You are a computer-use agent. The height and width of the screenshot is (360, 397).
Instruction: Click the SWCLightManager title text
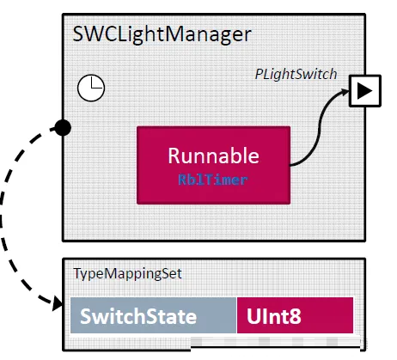(x=162, y=35)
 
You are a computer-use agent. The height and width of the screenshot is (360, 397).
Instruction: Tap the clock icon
(x=91, y=88)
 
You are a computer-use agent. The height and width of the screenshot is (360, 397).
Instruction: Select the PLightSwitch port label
(x=296, y=74)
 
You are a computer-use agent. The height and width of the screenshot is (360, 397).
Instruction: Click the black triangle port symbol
(x=364, y=91)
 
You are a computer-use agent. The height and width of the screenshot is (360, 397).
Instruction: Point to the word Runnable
(x=213, y=156)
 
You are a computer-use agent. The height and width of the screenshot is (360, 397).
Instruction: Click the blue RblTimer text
(x=213, y=180)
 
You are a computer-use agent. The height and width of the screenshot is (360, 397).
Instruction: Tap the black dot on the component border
(x=63, y=128)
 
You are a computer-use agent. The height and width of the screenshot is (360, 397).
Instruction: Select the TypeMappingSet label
(x=127, y=274)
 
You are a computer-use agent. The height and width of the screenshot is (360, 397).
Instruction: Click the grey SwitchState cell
(x=154, y=315)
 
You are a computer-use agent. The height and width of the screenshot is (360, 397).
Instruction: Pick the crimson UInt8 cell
(x=296, y=315)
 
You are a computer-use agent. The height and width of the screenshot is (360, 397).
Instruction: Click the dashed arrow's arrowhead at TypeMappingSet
(x=58, y=303)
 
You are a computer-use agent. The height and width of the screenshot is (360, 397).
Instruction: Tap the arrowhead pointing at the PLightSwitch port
(x=345, y=92)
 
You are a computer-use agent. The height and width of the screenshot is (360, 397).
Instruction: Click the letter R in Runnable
(x=174, y=156)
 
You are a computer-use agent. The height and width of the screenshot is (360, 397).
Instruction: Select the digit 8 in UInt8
(x=295, y=316)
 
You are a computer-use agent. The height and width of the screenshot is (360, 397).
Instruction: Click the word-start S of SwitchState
(x=86, y=316)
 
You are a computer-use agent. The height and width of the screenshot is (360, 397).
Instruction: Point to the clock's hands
(x=95, y=82)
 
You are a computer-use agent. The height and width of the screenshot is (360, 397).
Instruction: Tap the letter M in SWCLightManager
(x=176, y=34)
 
